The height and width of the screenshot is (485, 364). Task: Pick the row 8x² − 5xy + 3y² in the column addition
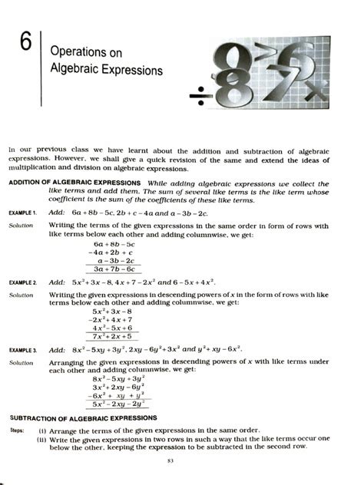(117, 379)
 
